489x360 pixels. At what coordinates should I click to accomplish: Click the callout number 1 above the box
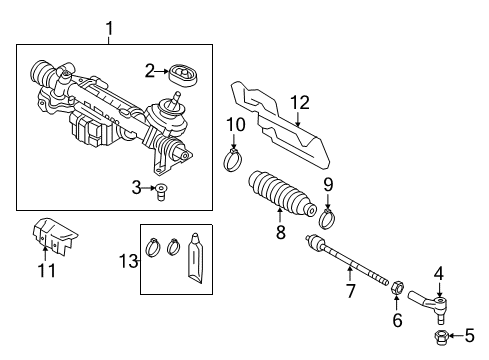109,28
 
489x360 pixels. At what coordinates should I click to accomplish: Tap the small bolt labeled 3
161,192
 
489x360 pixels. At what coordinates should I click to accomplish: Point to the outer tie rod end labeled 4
429,304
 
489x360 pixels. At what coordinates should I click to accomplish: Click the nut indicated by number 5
440,337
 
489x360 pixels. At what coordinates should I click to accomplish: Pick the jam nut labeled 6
397,287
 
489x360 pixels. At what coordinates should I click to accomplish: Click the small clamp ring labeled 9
327,218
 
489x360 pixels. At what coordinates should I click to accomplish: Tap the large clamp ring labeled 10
233,160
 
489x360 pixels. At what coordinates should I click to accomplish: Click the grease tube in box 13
195,258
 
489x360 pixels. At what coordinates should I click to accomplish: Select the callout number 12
300,103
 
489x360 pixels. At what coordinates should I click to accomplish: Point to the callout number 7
350,291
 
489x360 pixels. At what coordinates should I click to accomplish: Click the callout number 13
129,261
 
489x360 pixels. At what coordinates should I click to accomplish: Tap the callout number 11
47,270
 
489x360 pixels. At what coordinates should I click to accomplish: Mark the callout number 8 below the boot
281,232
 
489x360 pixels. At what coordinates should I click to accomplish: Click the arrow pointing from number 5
455,336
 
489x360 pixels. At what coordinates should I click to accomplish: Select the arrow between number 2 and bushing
162,71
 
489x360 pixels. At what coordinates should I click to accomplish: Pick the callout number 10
236,125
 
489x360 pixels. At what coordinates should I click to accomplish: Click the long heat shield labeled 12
280,124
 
